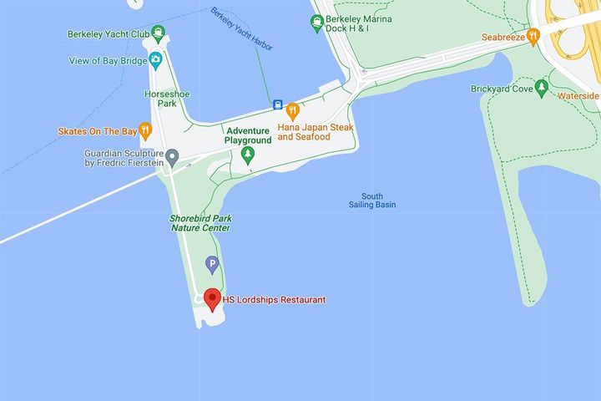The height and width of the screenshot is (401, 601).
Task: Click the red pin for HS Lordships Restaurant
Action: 212,298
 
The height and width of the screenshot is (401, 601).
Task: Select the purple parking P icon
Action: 212,265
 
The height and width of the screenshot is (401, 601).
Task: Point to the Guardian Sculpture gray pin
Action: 172,156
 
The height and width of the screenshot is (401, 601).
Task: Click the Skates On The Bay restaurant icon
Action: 145,130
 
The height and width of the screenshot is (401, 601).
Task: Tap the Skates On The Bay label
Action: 96,131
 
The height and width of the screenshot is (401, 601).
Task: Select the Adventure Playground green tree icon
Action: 247,155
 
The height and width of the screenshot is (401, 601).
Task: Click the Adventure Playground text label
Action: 248,135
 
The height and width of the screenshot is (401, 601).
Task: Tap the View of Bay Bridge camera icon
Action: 155,60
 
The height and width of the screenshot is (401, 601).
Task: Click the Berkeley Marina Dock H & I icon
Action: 316,23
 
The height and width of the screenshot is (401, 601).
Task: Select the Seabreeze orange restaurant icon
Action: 533,38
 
